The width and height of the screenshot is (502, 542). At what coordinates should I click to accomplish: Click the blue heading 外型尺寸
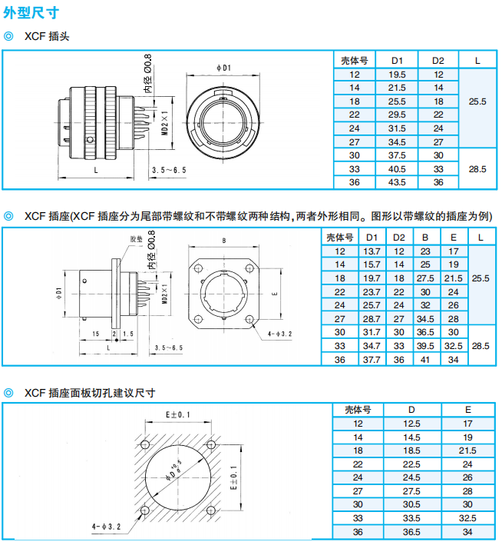click(x=31, y=13)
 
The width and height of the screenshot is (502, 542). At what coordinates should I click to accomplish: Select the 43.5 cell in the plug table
click(x=397, y=182)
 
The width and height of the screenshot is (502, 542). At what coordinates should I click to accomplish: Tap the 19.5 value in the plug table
click(x=397, y=75)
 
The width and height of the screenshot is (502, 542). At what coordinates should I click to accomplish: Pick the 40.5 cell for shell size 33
click(x=397, y=169)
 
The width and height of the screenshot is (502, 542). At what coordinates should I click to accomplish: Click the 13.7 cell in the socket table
click(x=372, y=251)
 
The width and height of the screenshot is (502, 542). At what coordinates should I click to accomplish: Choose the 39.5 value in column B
click(x=425, y=346)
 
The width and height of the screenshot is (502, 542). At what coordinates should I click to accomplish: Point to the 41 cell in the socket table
click(x=425, y=360)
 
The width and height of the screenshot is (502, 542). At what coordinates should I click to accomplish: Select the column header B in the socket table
click(x=425, y=238)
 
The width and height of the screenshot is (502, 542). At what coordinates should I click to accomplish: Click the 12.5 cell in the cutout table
click(x=411, y=424)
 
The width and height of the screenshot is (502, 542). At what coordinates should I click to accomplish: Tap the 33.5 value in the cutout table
click(x=411, y=518)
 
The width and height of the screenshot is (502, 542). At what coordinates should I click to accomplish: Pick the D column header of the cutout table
click(x=411, y=410)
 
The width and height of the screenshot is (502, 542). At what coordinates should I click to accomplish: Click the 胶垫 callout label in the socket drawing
click(x=137, y=239)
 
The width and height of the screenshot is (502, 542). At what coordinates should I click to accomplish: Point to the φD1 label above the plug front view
click(x=223, y=68)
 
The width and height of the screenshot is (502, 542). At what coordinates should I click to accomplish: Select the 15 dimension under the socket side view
click(x=96, y=334)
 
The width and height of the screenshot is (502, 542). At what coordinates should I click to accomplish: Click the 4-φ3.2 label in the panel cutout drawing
click(x=106, y=527)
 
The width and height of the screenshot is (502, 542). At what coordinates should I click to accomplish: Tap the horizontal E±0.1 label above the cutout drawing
click(x=178, y=414)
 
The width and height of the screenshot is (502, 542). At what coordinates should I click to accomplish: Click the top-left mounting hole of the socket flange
click(x=198, y=268)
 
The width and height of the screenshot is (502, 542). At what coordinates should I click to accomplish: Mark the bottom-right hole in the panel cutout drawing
click(x=211, y=510)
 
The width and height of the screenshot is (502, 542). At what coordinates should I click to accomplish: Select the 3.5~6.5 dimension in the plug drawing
click(x=169, y=170)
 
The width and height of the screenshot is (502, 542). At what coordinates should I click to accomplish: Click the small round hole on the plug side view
click(x=90, y=140)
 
